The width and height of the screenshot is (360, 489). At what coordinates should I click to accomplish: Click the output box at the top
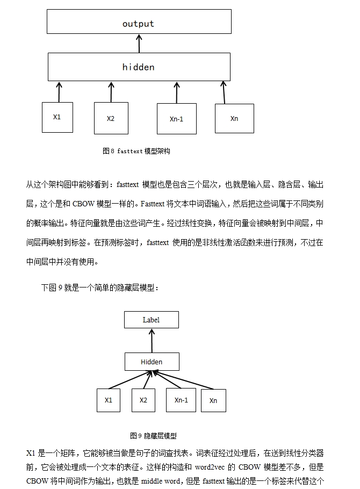coord(139,21)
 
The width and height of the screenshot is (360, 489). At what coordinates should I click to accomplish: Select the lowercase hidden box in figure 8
coord(139,67)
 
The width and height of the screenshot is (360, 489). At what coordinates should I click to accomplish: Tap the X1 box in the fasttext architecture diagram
coord(57,117)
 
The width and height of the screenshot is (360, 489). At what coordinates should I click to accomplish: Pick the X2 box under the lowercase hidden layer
coord(111,118)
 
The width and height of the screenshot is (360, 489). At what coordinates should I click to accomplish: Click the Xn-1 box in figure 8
coord(177,119)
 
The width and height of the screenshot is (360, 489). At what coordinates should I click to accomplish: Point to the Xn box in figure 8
coord(234,119)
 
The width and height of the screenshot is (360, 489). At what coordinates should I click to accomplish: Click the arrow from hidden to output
coord(139,44)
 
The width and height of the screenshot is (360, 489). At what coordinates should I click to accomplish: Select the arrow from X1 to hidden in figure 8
coord(59,92)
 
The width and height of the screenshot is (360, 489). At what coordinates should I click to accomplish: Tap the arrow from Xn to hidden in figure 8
coord(224,92)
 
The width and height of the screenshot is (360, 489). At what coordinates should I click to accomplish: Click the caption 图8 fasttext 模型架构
coord(136,151)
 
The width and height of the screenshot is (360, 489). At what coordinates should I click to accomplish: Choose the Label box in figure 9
coord(152,320)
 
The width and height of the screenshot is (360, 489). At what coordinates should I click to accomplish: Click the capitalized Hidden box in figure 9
coord(152,362)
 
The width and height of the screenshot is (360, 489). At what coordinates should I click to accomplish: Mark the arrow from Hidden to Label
coord(152,341)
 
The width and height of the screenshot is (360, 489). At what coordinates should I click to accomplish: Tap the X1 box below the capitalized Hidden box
coord(108,400)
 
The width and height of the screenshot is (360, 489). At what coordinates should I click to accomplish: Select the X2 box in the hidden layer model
coord(143,400)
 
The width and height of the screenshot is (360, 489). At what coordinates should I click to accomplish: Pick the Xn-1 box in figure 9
coord(181,400)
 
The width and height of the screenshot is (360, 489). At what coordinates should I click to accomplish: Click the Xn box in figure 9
coord(213,400)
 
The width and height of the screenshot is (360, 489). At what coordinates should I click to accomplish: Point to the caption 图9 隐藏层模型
coord(153,436)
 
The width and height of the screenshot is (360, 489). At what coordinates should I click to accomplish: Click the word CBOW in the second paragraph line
coord(83,204)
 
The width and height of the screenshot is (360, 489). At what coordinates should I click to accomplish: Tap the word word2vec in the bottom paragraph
coord(210,467)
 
